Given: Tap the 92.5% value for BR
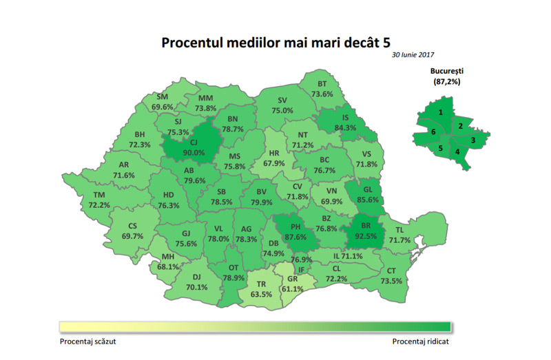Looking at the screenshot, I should [x=367, y=235].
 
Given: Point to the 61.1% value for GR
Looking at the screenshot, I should [x=293, y=289].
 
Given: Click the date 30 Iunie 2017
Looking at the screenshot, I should [x=414, y=54].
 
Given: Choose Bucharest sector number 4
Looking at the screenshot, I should [x=457, y=151].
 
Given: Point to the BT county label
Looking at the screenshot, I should [x=322, y=84].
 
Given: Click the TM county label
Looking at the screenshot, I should [x=98, y=195].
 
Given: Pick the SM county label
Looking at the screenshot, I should [x=163, y=97].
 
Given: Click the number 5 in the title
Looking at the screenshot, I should [x=395, y=42].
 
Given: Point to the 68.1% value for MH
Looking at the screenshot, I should [x=168, y=267].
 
